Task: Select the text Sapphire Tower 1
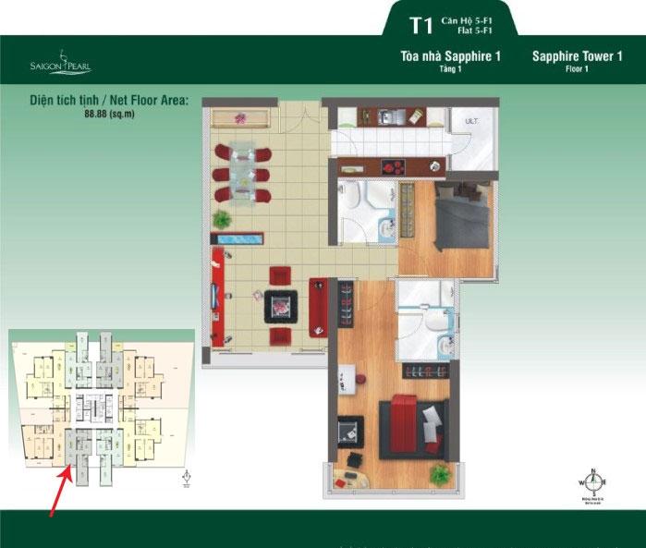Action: click(577, 56)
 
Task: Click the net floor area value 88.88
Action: click(97, 113)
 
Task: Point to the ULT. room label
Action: click(470, 121)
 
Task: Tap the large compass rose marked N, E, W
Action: click(591, 481)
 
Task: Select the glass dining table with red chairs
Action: click(241, 172)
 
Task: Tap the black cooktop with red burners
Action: click(393, 166)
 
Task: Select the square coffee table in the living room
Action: click(280, 305)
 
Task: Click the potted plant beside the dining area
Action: click(222, 219)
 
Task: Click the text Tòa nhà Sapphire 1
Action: click(450, 56)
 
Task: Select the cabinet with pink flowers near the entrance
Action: click(240, 119)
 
